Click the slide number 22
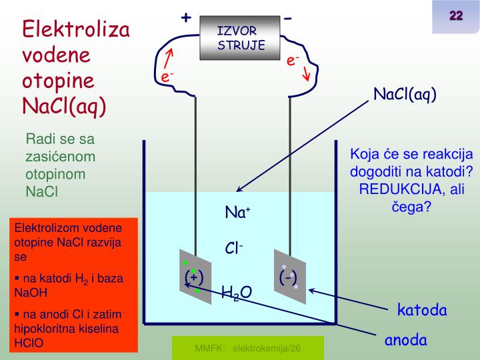456,16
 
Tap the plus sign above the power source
186,18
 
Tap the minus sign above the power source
287,18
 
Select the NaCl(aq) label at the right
405,95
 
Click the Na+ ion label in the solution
237,213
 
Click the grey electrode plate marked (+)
195,278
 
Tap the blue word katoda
422,311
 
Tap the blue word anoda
405,340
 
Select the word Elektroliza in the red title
77,30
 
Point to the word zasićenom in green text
61,157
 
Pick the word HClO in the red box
28,344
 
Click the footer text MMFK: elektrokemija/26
248,349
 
